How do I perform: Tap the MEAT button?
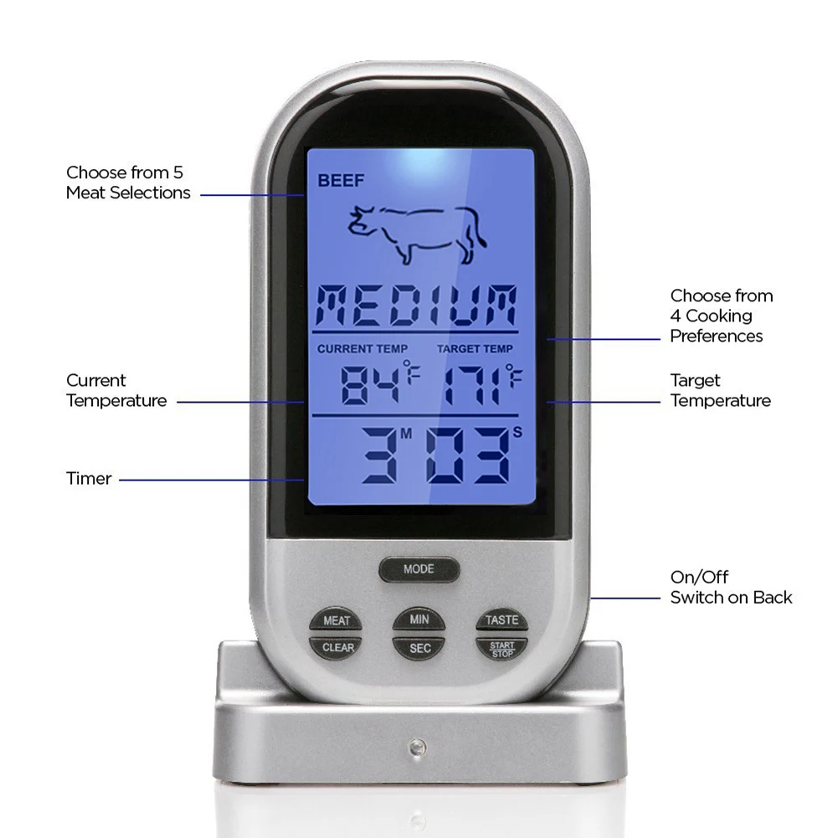point(337,620)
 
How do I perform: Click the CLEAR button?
point(337,647)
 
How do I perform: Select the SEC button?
point(419,647)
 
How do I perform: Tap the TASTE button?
point(502,620)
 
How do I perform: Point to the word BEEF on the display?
point(336,180)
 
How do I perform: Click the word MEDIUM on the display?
point(419,306)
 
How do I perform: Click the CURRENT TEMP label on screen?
point(362,348)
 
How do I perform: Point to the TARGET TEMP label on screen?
point(475,348)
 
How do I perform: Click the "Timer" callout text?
point(89,479)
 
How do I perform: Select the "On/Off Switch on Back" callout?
point(731,587)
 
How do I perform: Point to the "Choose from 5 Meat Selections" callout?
point(128,183)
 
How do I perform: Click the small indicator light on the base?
point(415,744)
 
